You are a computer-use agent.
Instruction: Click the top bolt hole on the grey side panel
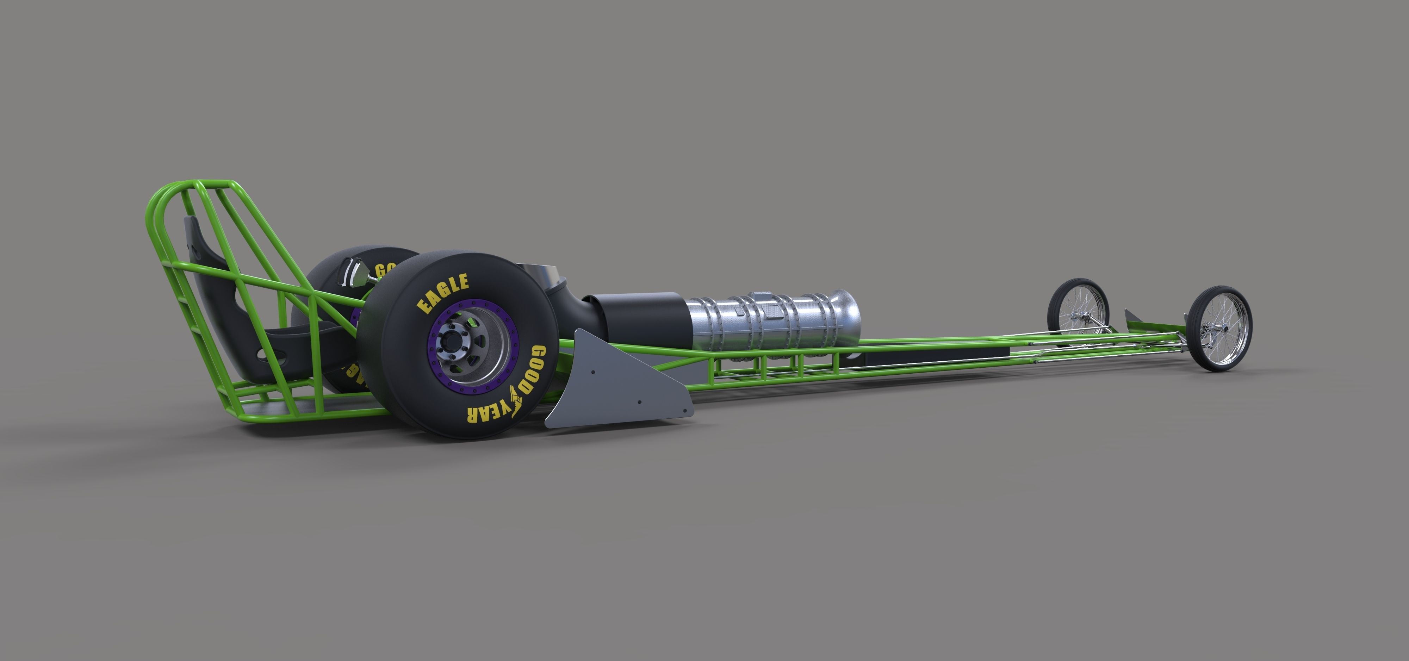(594, 372)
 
